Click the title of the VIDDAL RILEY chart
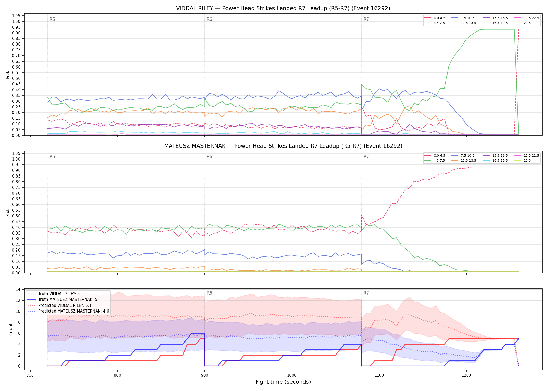click(x=283, y=8)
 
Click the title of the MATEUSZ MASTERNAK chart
click(x=283, y=146)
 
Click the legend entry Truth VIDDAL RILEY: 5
click(x=53, y=294)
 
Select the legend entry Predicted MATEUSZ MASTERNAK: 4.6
click(x=68, y=311)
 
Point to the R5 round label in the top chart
click(x=52, y=19)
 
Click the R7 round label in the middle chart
click(x=366, y=157)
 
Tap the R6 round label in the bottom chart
click(x=209, y=293)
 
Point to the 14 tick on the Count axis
click(x=18, y=289)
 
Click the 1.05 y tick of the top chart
click(x=16, y=16)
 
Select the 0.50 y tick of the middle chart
click(x=16, y=216)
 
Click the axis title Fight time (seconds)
click(x=283, y=382)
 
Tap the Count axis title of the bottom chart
click(x=11, y=329)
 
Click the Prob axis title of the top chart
click(x=8, y=75)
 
